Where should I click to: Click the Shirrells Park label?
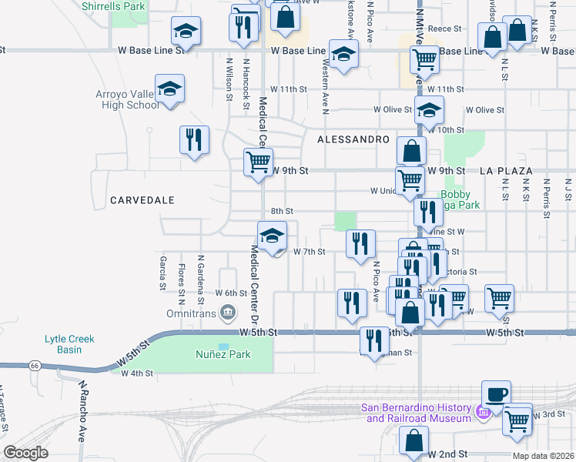click(x=113, y=5)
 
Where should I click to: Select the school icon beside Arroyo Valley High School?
click(x=169, y=89)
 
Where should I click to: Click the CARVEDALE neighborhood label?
click(x=142, y=200)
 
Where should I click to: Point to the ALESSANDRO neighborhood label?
click(x=353, y=139)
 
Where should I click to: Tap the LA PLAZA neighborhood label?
click(x=506, y=170)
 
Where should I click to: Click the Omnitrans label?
click(x=191, y=314)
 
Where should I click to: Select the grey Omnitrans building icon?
click(x=227, y=313)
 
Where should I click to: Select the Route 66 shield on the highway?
click(x=35, y=367)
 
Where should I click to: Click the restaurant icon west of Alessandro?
click(x=193, y=139)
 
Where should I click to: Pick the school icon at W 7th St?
click(x=272, y=236)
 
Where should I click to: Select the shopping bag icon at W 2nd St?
click(x=414, y=441)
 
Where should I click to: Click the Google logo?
click(x=26, y=453)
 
